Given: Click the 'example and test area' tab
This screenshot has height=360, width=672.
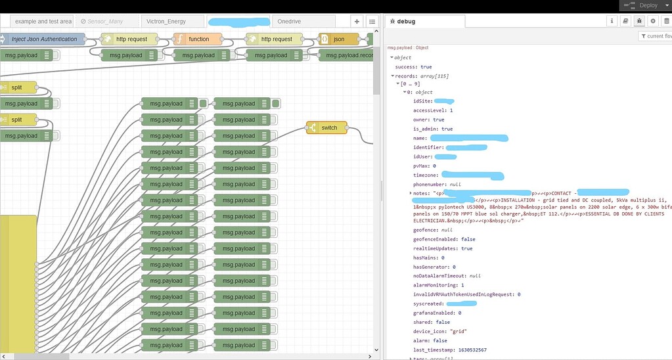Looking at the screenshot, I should click(x=43, y=22).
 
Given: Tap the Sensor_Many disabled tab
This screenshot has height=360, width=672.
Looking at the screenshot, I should click(x=107, y=22).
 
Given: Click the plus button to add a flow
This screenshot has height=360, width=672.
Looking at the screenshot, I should click(x=356, y=22).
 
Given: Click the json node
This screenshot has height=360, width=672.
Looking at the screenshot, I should click(x=338, y=39).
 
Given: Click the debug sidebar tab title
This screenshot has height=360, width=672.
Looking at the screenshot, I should click(x=406, y=22).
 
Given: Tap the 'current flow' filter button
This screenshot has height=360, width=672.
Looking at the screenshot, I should click(x=656, y=36).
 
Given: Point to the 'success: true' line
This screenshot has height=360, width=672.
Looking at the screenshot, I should click(x=413, y=67).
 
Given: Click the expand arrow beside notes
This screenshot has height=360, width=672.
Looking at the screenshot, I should click(x=411, y=193).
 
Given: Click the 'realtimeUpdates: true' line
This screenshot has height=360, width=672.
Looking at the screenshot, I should click(x=443, y=249).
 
